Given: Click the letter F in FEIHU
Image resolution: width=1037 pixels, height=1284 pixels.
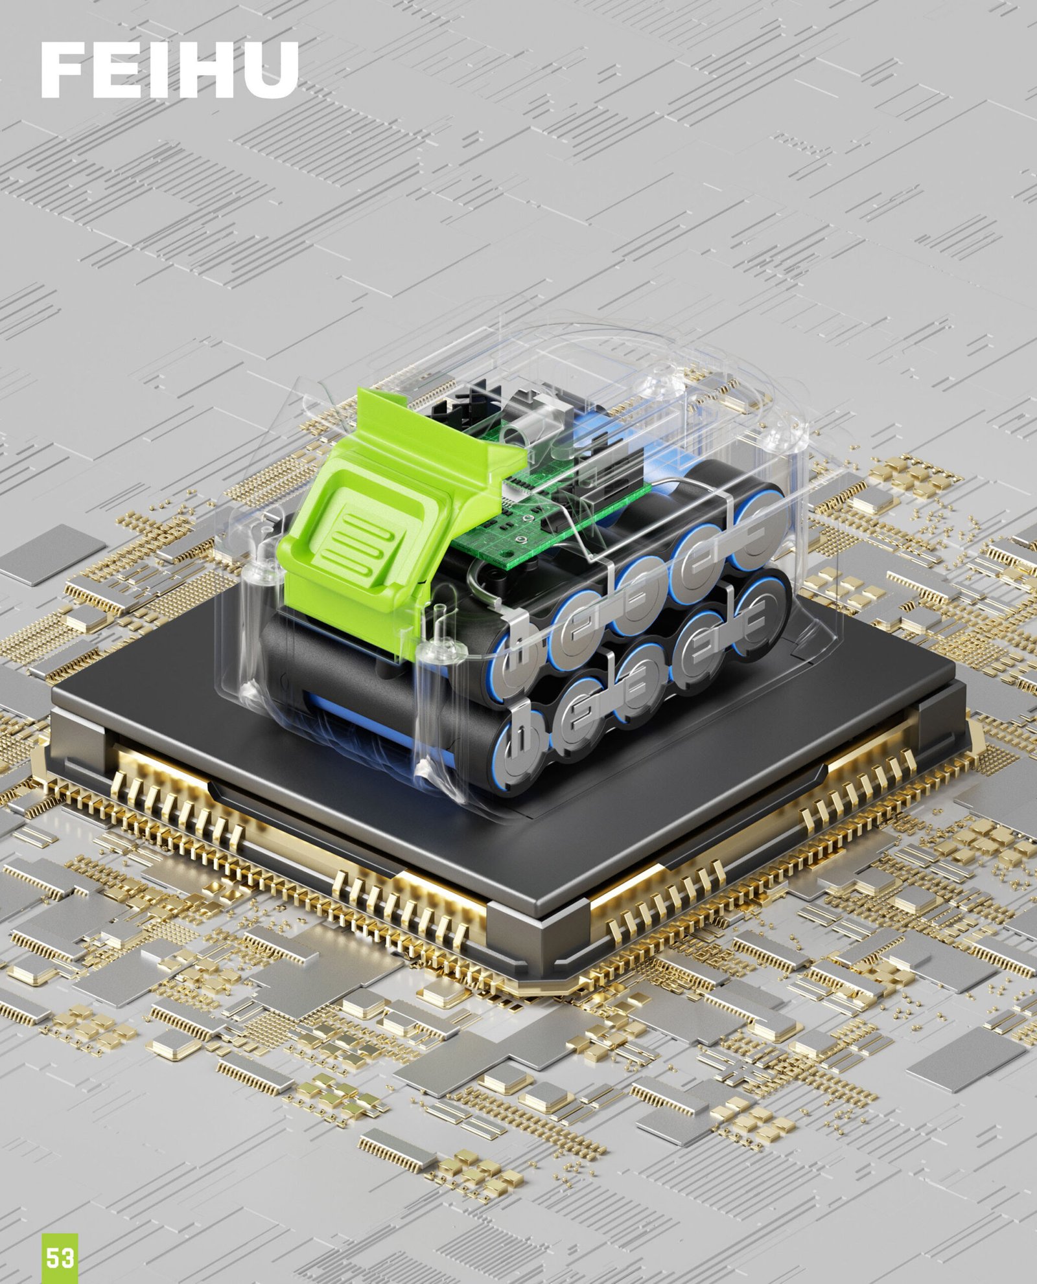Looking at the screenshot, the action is coord(64,70).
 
